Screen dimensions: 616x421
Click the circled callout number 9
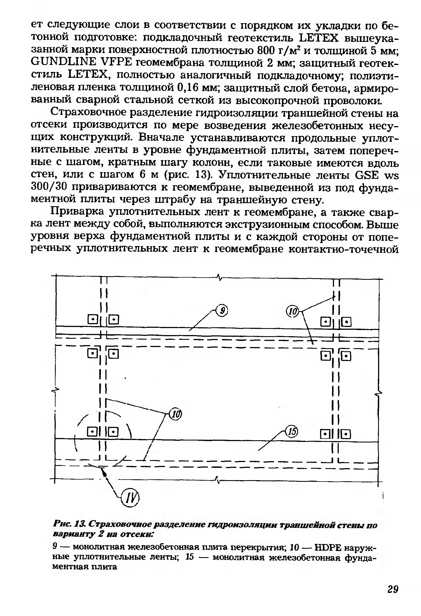tap(222, 310)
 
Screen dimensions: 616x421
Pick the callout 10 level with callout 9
tap(293, 311)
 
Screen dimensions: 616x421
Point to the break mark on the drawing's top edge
tap(219, 278)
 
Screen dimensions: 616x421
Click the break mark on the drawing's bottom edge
tap(219, 480)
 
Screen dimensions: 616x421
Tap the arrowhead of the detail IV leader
tap(104, 472)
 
